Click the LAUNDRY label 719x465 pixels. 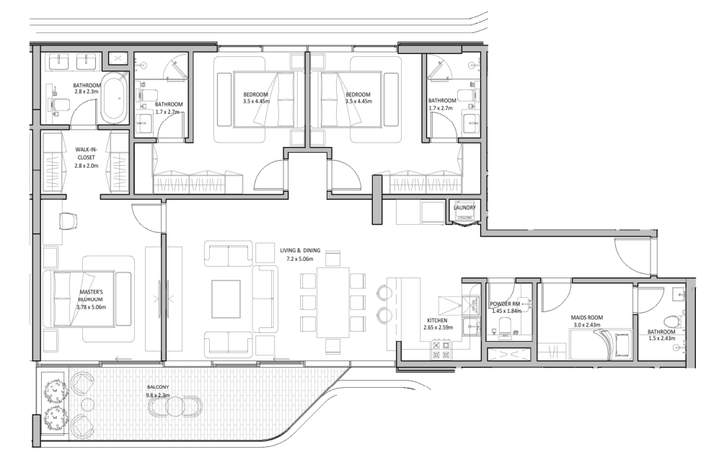pos(464,208)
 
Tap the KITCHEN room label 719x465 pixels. pos(438,320)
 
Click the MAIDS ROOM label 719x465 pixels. pos(586,316)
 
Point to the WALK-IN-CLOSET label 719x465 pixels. pos(87,154)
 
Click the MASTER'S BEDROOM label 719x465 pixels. pos(91,296)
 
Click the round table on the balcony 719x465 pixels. pos(175,408)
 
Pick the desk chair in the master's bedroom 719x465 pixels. pos(68,219)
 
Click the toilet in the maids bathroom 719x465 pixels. pos(672,321)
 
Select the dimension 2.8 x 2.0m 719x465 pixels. pos(87,165)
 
